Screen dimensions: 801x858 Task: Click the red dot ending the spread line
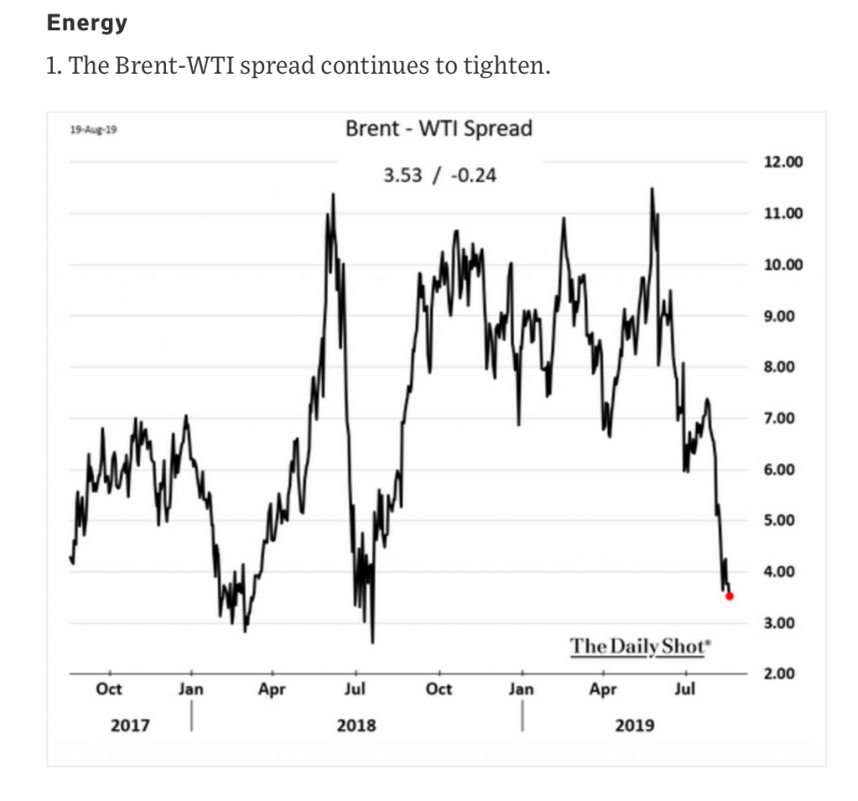(730, 596)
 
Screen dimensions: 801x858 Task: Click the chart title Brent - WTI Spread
(438, 128)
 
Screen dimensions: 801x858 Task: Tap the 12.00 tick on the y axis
(783, 162)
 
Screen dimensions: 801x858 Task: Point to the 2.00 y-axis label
(783, 674)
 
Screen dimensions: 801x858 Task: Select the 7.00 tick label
(783, 418)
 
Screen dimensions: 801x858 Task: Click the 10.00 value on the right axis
(783, 265)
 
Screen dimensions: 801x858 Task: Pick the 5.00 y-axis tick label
(783, 520)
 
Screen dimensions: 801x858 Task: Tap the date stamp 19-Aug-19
(94, 130)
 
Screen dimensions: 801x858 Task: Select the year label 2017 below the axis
(130, 725)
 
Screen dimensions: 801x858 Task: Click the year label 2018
(356, 725)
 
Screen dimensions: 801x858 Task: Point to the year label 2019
(634, 725)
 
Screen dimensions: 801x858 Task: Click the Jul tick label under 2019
(685, 689)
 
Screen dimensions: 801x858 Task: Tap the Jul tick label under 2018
(355, 689)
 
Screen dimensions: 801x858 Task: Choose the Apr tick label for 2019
(602, 689)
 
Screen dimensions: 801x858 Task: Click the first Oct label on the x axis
(108, 689)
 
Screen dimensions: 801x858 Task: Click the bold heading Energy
(87, 23)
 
